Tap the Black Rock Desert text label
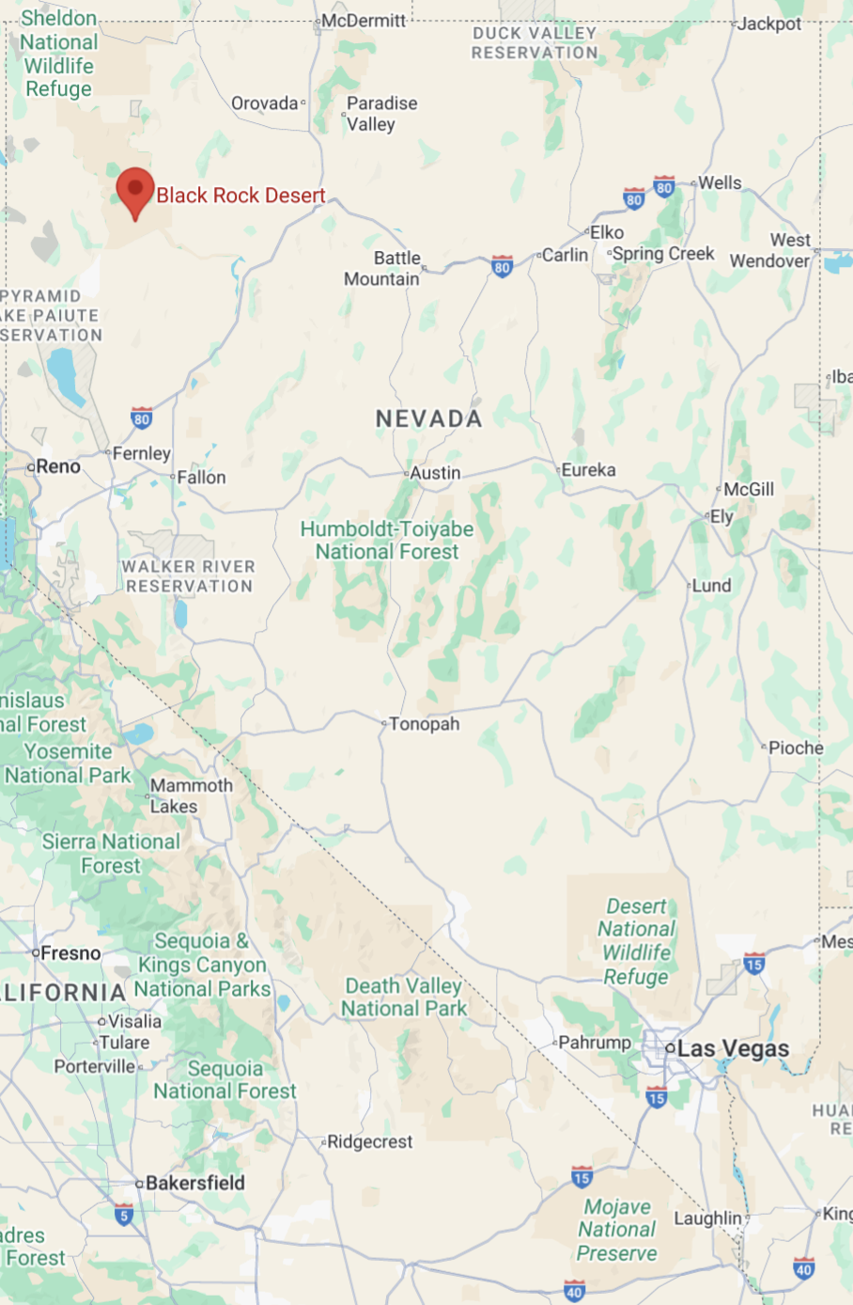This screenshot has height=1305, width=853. coord(240,196)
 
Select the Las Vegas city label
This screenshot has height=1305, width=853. coord(733,1048)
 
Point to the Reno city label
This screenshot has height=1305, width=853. coord(58,466)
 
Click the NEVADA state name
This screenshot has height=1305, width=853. coord(429,418)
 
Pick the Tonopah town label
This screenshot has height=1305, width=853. coord(424,724)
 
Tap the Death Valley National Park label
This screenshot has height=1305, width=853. coord(404,998)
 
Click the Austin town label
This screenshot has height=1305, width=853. coord(435,473)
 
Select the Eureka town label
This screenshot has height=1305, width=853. coord(588,470)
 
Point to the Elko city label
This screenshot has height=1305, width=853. coord(607,232)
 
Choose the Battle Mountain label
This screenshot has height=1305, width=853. coord(382,268)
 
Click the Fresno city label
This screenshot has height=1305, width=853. coord(70,953)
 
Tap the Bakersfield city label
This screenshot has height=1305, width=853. coord(194,1183)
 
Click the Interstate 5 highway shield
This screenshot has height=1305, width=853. coord(124,1215)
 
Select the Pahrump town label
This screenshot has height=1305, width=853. coord(595,1043)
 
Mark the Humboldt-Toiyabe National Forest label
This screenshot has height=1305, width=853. coord(387,541)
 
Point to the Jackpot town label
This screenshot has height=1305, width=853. coord(769,24)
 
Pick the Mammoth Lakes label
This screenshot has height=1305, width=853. coord(191,795)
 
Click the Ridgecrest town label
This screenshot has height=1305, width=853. coord(369,1141)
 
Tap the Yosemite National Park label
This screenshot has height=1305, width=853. coord(68,763)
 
